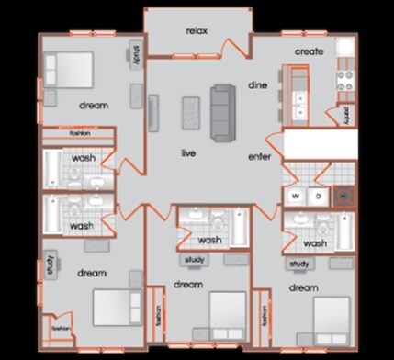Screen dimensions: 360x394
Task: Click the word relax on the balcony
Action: click(197, 30)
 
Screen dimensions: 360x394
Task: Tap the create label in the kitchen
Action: click(310, 51)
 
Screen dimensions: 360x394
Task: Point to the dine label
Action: click(257, 85)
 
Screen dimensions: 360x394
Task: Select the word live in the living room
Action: click(189, 152)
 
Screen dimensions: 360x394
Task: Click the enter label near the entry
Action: click(260, 157)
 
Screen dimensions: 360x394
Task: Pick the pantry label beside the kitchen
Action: click(346, 117)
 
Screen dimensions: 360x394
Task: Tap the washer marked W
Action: click(297, 196)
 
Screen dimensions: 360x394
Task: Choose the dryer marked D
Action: click(318, 196)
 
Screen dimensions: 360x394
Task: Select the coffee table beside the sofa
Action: click(192, 112)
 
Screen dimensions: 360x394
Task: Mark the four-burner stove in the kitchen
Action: click(345, 80)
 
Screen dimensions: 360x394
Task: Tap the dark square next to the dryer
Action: click(343, 195)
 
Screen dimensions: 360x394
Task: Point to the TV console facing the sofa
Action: click(153, 112)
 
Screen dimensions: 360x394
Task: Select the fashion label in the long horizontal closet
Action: click(79, 134)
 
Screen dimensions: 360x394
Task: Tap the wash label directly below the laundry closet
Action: click(315, 243)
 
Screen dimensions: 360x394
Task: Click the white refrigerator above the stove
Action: click(344, 48)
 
